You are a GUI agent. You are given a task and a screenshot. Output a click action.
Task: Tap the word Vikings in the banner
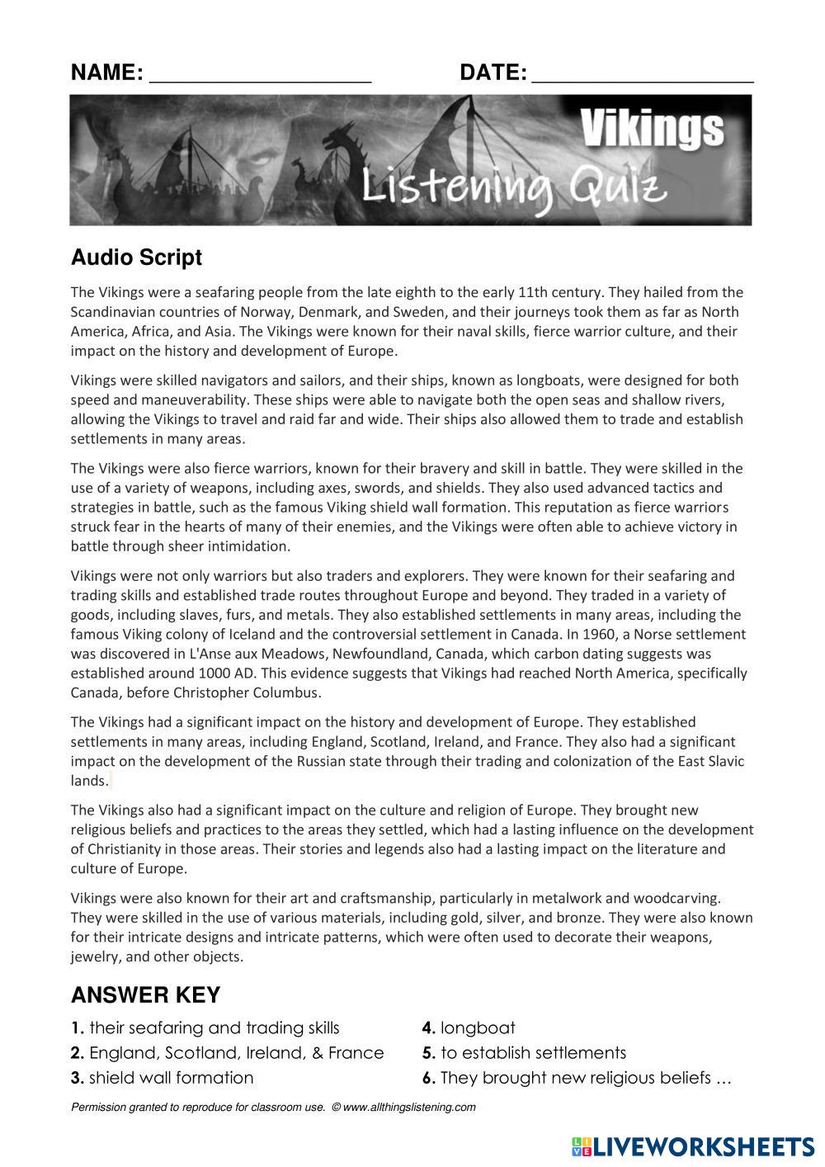(652, 130)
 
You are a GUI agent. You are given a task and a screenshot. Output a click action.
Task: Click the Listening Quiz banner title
(513, 187)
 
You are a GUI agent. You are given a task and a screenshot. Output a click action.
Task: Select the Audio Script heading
(136, 257)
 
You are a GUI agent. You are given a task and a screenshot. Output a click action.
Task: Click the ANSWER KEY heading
(145, 995)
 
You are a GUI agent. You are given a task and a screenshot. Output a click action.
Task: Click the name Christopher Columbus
(247, 692)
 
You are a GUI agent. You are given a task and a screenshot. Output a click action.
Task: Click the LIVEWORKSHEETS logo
(691, 1146)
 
